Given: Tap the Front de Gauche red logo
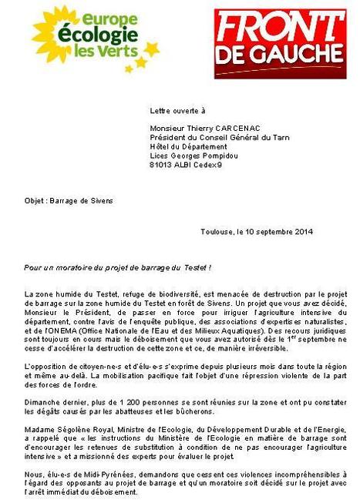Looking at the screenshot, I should [x=279, y=42].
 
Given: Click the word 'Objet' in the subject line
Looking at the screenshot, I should [x=34, y=200].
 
